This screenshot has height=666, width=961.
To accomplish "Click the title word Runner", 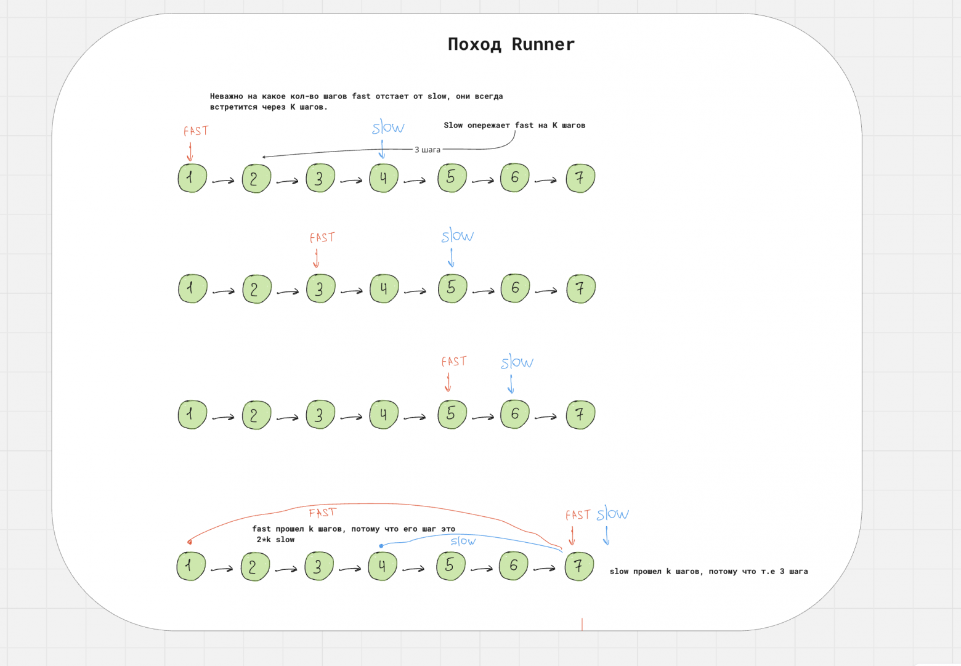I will [543, 44].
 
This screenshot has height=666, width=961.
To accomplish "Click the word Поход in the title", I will [474, 44].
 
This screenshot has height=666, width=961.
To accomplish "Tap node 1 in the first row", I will [192, 178].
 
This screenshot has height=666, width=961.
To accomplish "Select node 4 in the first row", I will [384, 178].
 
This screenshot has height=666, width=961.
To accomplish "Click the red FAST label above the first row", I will [196, 131].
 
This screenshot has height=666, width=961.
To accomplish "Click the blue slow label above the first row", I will [388, 128].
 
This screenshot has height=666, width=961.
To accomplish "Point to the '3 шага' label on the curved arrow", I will [428, 150].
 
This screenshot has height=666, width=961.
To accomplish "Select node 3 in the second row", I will [320, 289].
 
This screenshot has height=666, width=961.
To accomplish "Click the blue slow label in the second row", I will [457, 235].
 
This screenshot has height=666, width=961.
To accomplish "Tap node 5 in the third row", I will [452, 414].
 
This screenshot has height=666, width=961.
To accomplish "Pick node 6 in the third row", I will [515, 414].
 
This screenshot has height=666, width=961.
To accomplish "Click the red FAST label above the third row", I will [454, 362].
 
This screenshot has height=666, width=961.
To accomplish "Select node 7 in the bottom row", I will [579, 566].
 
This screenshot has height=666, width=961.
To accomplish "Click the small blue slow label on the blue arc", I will [463, 541].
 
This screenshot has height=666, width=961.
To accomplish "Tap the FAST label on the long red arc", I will [322, 513].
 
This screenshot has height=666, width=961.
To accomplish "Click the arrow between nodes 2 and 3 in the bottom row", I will [286, 570].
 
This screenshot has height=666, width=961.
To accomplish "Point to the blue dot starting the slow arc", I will [381, 546].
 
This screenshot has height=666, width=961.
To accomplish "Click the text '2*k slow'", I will [275, 540].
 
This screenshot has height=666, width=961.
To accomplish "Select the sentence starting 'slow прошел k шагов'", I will [708, 572].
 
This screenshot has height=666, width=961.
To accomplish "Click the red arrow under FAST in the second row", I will [316, 259].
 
